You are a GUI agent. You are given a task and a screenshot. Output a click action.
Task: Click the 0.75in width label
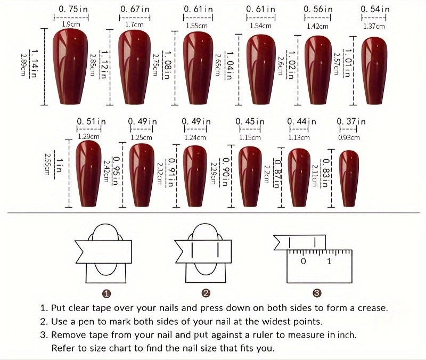click(71, 9)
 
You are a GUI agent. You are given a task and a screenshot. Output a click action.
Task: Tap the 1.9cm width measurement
click(71, 24)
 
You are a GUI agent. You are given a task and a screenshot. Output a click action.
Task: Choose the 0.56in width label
click(318, 9)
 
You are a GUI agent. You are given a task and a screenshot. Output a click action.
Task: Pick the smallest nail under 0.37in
click(349, 178)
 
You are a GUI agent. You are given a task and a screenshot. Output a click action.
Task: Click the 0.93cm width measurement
click(349, 137)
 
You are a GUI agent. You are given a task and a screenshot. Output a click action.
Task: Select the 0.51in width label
click(91, 122)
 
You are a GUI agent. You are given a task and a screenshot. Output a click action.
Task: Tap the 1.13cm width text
click(299, 137)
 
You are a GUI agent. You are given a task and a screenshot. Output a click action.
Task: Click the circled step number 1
click(106, 293)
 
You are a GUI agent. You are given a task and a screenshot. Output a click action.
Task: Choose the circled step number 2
click(206, 293)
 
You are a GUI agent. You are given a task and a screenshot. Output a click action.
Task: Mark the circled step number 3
click(317, 293)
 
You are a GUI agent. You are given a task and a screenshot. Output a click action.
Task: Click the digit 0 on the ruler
click(303, 261)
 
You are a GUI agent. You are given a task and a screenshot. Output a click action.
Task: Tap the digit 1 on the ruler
click(329, 261)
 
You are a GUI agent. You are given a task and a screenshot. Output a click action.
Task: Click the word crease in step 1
click(372, 308)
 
